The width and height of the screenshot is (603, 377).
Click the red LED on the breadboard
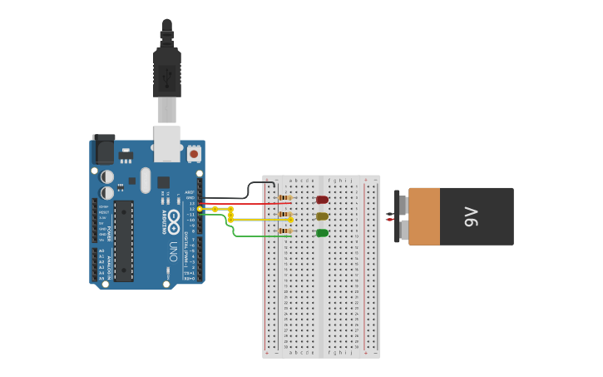[322, 200]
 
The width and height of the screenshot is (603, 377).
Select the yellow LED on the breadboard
[322, 216]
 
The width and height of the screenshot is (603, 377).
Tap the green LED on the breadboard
[322, 233]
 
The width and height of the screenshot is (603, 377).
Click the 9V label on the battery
[471, 216]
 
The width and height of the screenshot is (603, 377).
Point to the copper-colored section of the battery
[424, 216]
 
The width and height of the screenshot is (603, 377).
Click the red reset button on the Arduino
[194, 153]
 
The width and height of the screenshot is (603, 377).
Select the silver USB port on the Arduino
[167, 142]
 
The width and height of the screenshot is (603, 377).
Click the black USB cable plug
[167, 75]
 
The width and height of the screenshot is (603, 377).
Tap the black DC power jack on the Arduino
[103, 149]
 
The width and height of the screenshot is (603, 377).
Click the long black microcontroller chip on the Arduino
[123, 241]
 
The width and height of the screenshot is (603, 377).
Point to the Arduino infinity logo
[173, 221]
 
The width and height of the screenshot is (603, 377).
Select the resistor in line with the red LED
[285, 198]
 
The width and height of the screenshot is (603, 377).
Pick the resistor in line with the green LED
[285, 231]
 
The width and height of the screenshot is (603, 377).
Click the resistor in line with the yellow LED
[285, 215]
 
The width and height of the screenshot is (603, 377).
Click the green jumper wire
[241, 236]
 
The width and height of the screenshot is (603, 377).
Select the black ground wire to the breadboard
[250, 192]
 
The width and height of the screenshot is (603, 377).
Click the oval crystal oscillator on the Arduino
[146, 180]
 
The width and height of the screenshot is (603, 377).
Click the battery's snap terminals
[400, 216]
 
